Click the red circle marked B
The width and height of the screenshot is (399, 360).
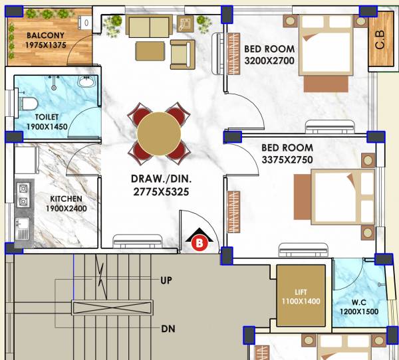click(x=198, y=244)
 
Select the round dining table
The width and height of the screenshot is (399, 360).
click(x=159, y=133)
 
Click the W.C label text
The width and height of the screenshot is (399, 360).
click(x=360, y=300)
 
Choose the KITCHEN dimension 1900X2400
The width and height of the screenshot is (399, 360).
click(x=65, y=209)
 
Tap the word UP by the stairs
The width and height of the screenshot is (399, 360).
click(x=166, y=280)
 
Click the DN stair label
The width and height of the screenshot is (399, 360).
click(x=168, y=329)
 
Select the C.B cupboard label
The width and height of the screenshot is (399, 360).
click(x=380, y=41)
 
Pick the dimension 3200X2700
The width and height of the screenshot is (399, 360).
click(x=269, y=60)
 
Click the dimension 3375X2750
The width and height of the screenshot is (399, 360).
click(x=287, y=160)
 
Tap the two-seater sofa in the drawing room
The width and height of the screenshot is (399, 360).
click(x=148, y=27)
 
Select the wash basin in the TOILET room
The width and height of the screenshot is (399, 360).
click(x=86, y=82)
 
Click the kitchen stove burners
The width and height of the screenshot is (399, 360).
click(x=23, y=194)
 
